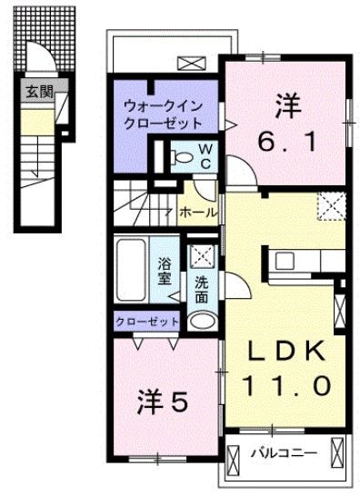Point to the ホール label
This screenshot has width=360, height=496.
(x=198, y=212)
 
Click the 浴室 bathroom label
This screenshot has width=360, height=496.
(x=165, y=269)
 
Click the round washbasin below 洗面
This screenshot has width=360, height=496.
(x=201, y=320)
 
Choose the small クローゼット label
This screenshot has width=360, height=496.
(x=147, y=321)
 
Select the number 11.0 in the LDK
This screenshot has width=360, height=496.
(x=285, y=385)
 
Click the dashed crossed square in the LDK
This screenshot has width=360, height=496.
(x=330, y=206)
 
